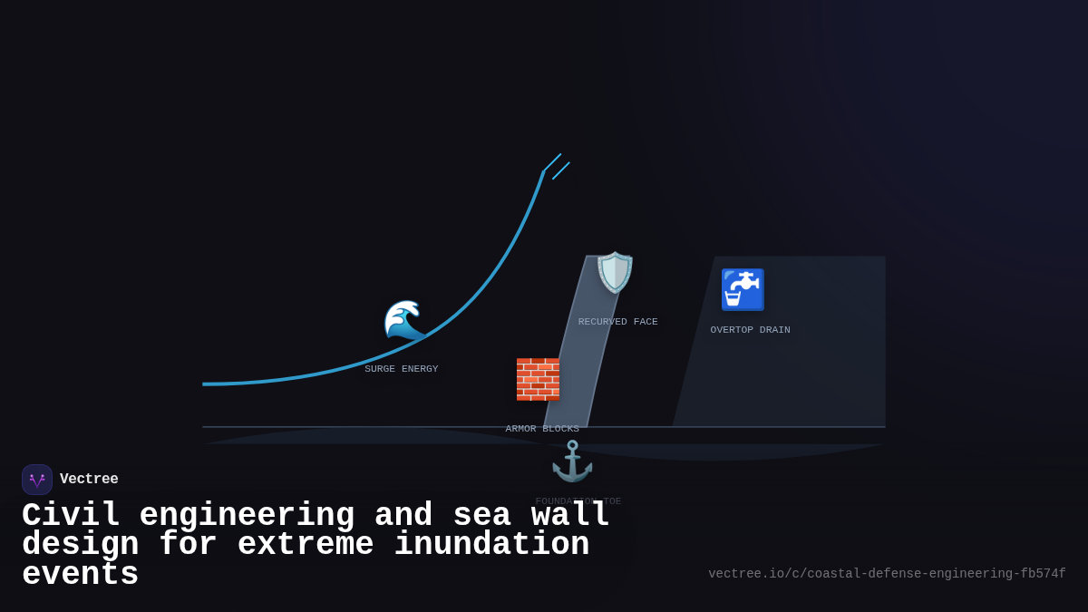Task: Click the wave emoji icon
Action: click(x=404, y=320)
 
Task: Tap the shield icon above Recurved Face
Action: click(x=615, y=273)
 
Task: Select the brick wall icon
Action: click(x=538, y=379)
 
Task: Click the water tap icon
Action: click(x=743, y=289)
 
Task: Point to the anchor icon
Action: click(x=572, y=461)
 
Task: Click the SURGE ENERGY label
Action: click(x=401, y=369)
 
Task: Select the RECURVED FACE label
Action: click(x=617, y=322)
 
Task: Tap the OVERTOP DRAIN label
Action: click(x=750, y=330)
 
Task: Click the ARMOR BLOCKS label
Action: click(x=542, y=429)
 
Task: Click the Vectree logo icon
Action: click(x=37, y=480)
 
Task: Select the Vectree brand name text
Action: click(x=89, y=480)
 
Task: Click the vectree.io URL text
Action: click(x=887, y=574)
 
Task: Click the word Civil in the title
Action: click(x=71, y=516)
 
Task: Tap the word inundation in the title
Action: click(x=491, y=545)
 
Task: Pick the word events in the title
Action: click(x=80, y=575)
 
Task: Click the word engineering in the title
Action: click(x=247, y=516)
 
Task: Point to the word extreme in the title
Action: click(x=306, y=545)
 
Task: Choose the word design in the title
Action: click(x=80, y=545)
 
